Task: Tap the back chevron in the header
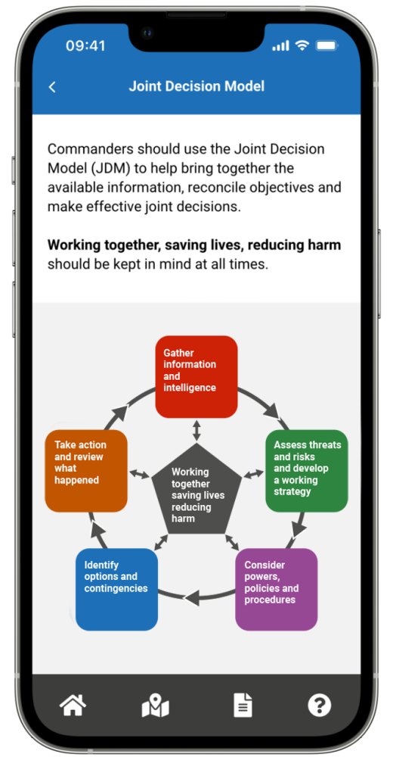point(52,87)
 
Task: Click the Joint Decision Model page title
point(196,86)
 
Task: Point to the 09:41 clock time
point(85,45)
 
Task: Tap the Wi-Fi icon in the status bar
point(302,45)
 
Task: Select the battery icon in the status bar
point(327,45)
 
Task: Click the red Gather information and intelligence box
point(196,377)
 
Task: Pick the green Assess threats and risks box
point(307,471)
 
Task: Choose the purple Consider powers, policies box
point(277,590)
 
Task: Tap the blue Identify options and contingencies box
point(116,590)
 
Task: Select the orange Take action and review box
point(86,471)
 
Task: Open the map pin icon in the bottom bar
point(156,705)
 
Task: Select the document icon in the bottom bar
point(243,705)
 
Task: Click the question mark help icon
point(320,705)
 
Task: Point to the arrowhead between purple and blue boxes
point(192,597)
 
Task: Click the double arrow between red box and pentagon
point(196,431)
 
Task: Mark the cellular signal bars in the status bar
point(280,46)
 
